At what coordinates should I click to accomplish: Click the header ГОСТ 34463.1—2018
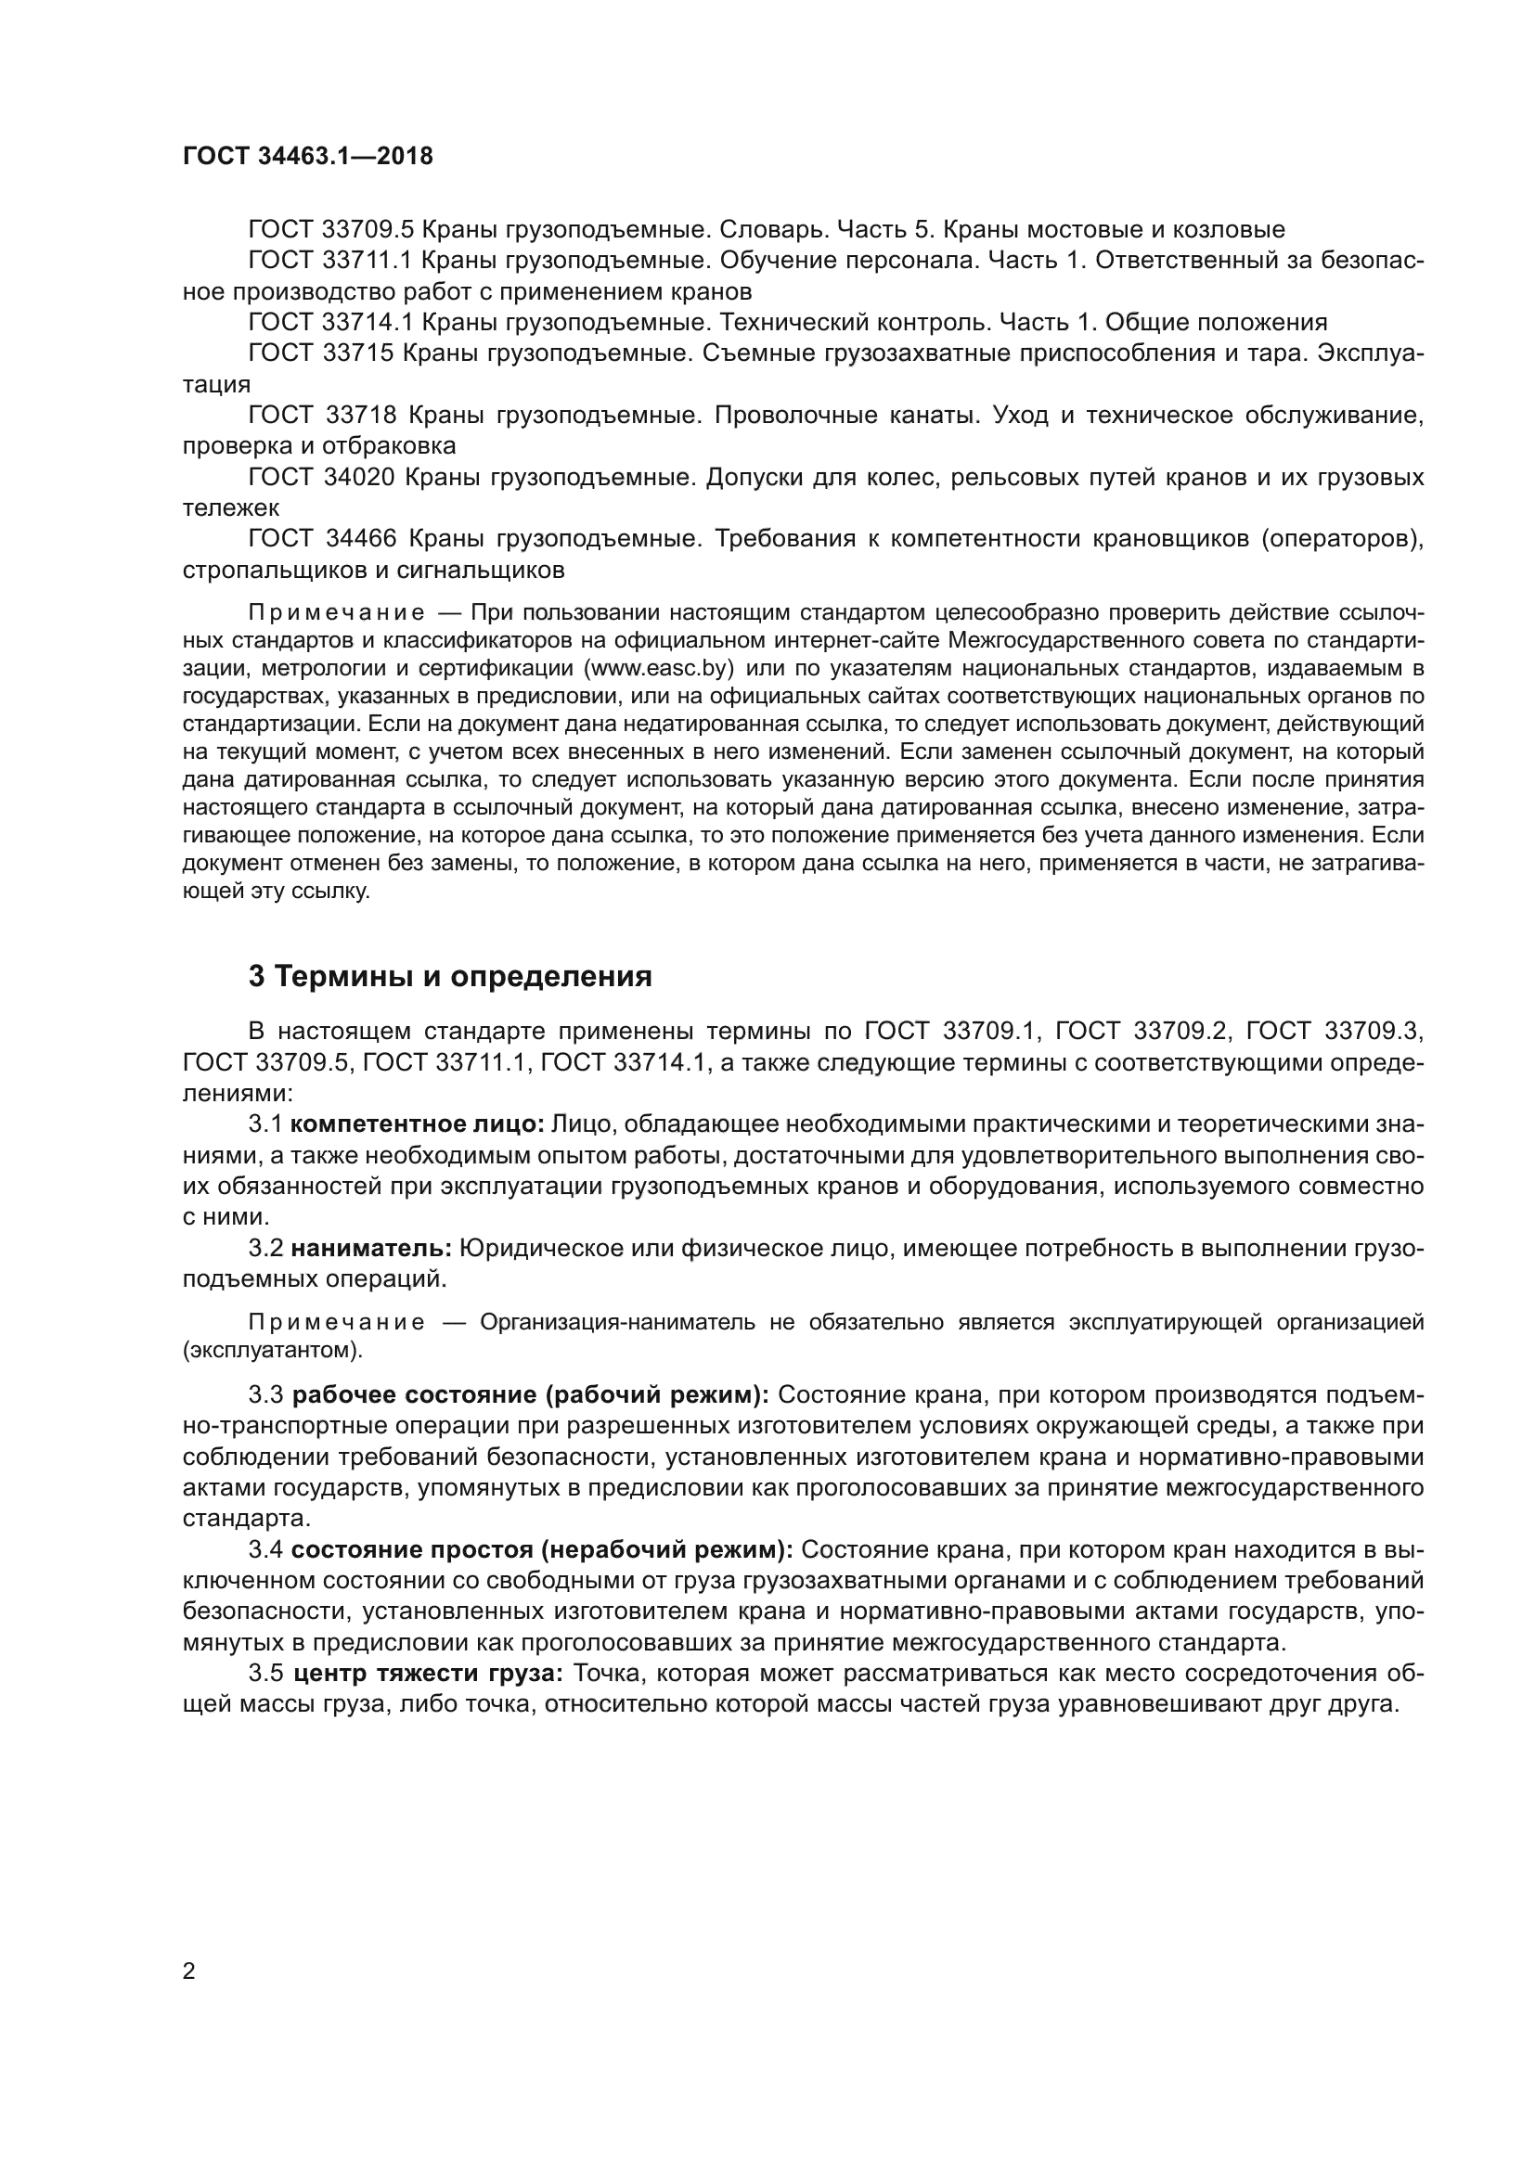[307, 157]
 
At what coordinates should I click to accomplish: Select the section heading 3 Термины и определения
[450, 976]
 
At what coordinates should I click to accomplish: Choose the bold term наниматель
[371, 1249]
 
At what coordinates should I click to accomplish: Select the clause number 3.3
[265, 1396]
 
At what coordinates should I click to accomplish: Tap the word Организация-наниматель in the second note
[617, 1322]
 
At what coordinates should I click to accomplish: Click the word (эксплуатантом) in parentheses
[272, 1350]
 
